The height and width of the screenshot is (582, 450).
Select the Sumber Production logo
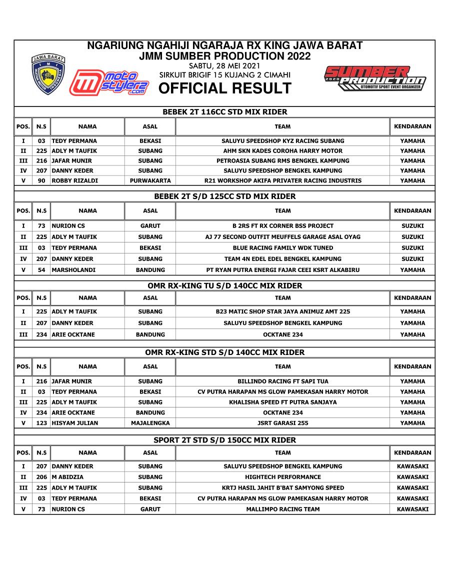pyautogui.click(x=375, y=78)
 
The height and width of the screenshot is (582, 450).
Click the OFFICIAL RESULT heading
pyautogui.click(x=224, y=88)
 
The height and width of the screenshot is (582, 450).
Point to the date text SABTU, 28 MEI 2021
pyautogui.click(x=224, y=66)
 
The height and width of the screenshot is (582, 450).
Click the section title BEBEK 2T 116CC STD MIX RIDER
pyautogui.click(x=224, y=112)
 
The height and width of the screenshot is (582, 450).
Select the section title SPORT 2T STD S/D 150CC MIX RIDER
pyautogui.click(x=224, y=440)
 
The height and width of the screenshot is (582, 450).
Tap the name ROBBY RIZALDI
pyautogui.click(x=74, y=181)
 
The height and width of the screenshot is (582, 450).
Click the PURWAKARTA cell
pyautogui.click(x=150, y=181)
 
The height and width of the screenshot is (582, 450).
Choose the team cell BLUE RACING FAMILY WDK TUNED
pyautogui.click(x=282, y=248)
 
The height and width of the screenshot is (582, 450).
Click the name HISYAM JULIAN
pyautogui.click(x=75, y=423)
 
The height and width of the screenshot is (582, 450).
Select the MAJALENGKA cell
pyautogui.click(x=150, y=423)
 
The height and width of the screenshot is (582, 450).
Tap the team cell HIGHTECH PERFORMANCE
pyautogui.click(x=282, y=477)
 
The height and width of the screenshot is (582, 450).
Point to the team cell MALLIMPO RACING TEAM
pyautogui.click(x=282, y=509)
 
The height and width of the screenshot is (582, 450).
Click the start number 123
pyautogui.click(x=41, y=423)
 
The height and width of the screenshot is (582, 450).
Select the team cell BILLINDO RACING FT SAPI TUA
pyautogui.click(x=282, y=381)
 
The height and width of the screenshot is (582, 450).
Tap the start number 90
pyautogui.click(x=41, y=181)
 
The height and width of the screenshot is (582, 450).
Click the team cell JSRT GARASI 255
pyautogui.click(x=282, y=423)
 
